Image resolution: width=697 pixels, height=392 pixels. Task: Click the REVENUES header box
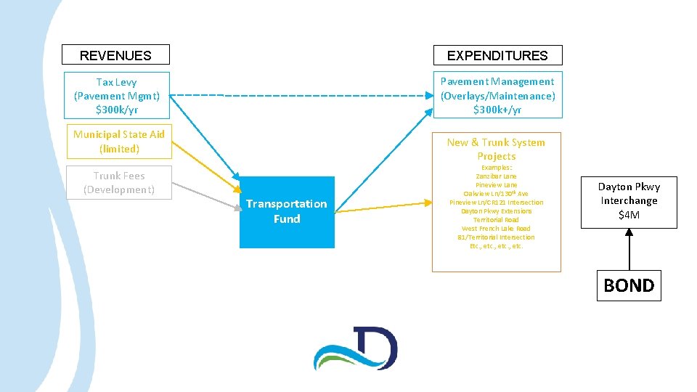[x=115, y=55]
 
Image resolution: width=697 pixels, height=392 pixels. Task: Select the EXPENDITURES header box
[x=497, y=55]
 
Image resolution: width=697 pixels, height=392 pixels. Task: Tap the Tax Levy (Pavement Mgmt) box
[x=116, y=95]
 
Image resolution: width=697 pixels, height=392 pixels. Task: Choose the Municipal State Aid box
[x=119, y=142]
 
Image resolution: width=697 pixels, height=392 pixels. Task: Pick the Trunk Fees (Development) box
[x=119, y=183]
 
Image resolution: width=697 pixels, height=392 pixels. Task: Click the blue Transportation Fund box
[x=287, y=212]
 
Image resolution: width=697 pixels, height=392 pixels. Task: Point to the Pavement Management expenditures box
[x=497, y=95]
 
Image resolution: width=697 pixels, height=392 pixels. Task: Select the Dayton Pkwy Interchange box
[x=629, y=200]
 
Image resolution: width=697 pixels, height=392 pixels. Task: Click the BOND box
[x=629, y=285]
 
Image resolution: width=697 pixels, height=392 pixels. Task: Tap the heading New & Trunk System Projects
[x=497, y=149]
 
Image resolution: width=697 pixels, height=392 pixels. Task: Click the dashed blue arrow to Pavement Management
[x=305, y=95]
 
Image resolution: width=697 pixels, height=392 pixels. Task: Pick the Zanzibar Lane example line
[x=497, y=176]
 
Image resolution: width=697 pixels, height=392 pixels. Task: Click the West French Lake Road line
[x=497, y=229]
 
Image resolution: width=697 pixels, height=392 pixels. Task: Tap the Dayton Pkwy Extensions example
[x=497, y=211]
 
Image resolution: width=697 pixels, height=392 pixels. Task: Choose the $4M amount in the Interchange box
[x=629, y=215]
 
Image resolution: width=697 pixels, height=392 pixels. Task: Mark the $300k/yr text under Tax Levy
[x=116, y=110]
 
